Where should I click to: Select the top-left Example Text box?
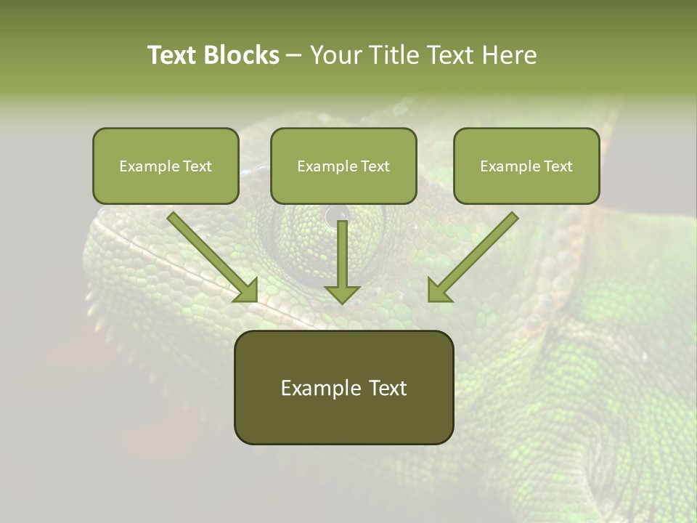click(x=166, y=166)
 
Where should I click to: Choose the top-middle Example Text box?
click(x=343, y=166)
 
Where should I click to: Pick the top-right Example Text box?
click(x=526, y=166)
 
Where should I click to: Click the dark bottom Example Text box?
click(x=343, y=387)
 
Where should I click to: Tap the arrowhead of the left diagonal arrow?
click(x=247, y=291)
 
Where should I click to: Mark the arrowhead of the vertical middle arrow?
click(x=342, y=293)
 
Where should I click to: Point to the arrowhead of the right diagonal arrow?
click(x=438, y=291)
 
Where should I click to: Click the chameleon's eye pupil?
click(x=336, y=215)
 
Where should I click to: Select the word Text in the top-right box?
click(x=557, y=166)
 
